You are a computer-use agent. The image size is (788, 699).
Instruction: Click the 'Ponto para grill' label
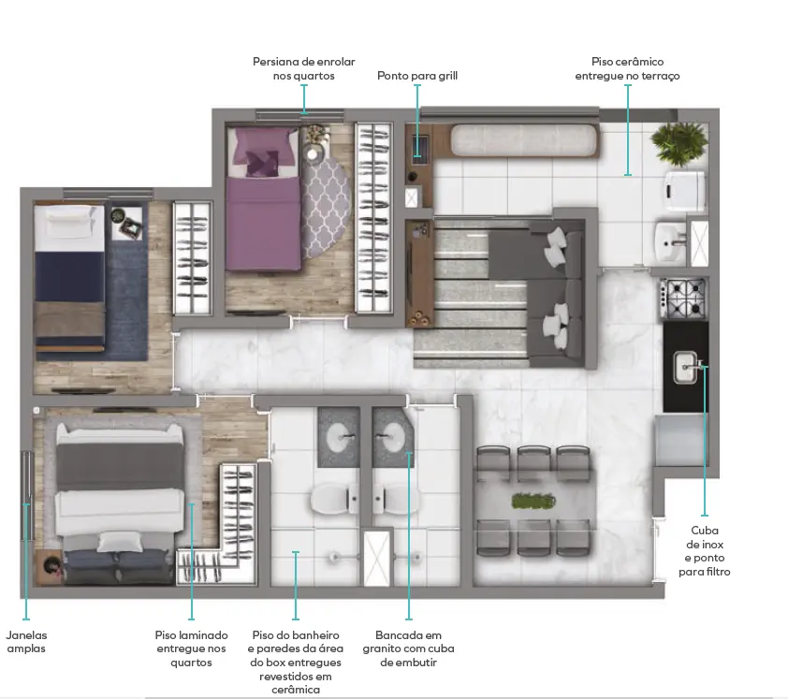[x=417, y=76]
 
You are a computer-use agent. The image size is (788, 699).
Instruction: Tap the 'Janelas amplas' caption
[x=26, y=642]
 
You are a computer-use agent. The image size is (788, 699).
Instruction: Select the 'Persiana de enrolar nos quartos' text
[x=303, y=69]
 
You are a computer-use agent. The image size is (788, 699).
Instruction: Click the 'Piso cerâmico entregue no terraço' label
[x=627, y=69]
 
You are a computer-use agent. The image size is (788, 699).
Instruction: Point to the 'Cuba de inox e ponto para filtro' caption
[x=704, y=551]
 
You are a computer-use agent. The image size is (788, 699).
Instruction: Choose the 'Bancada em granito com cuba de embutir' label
[x=408, y=648]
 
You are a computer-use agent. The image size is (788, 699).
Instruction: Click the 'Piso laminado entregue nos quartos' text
[x=191, y=648]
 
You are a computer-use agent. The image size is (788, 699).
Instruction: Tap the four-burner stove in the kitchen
[x=684, y=298]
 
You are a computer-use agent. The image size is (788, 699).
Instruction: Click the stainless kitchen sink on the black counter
[x=685, y=368]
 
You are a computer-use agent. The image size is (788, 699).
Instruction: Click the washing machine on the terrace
[x=684, y=191]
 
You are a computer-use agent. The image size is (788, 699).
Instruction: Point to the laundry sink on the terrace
[x=670, y=241]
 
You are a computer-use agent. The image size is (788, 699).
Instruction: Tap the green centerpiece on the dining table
[x=533, y=501]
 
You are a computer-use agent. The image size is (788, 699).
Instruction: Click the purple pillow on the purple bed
[x=261, y=163]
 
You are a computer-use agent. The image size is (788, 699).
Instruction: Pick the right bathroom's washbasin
[x=391, y=437]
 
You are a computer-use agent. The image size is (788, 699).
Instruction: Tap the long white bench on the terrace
[x=524, y=139]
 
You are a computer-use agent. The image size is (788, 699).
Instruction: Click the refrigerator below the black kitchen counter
[x=680, y=440]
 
